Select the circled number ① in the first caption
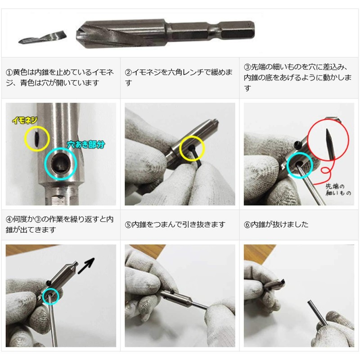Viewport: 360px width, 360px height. [x=9, y=72]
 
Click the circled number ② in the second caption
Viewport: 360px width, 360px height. [x=128, y=72]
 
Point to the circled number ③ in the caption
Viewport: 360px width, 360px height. [x=247, y=67]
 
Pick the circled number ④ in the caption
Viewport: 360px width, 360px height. [x=9, y=219]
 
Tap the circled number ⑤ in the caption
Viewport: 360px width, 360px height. [x=128, y=224]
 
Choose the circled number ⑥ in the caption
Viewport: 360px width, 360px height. [x=247, y=224]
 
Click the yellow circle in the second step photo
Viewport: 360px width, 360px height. [x=192, y=150]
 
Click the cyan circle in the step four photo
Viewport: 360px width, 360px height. [x=51, y=296]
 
